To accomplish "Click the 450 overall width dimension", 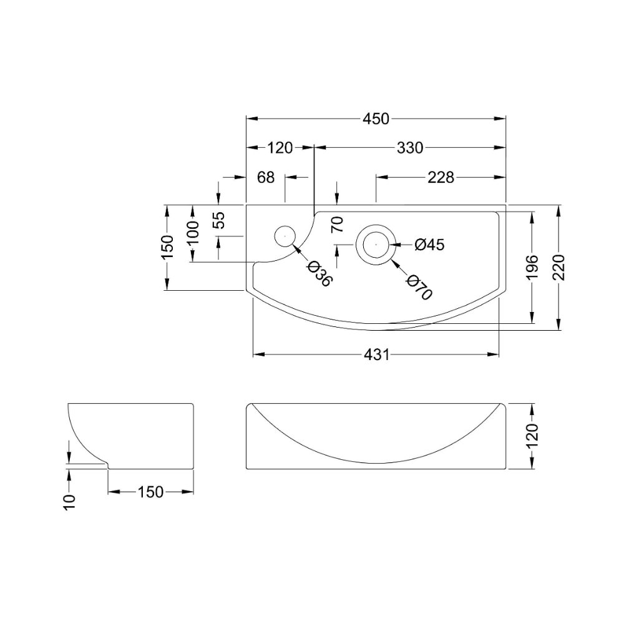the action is [x=376, y=119].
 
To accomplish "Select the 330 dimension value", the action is [x=410, y=148].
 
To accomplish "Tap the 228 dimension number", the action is [x=441, y=177].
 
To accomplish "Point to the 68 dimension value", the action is [x=265, y=177].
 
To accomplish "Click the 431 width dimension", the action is [x=376, y=354].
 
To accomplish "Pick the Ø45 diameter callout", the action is [x=429, y=245].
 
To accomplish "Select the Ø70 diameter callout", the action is [x=419, y=287].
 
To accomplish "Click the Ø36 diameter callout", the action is [x=319, y=274].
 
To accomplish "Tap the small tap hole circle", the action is [x=285, y=236].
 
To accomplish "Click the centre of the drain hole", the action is [x=376, y=244].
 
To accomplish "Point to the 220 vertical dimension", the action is [x=559, y=267].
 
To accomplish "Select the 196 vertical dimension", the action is [x=532, y=267].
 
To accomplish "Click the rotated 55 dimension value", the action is [x=219, y=220].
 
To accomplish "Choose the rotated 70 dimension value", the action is [x=337, y=225].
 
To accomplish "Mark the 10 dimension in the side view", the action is [x=69, y=502].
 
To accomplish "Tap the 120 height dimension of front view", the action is [x=532, y=436].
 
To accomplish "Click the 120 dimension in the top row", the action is [x=280, y=148].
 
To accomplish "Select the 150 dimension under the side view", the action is [x=150, y=492].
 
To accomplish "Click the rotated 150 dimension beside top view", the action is [x=167, y=246].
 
